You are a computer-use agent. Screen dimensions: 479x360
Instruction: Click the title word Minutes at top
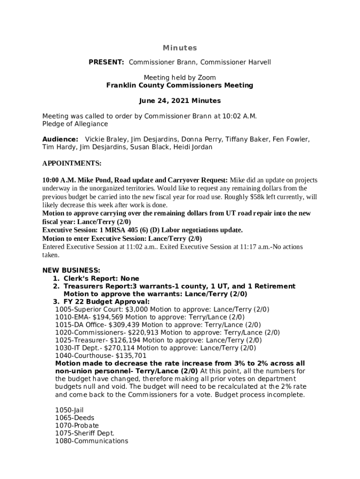(180, 48)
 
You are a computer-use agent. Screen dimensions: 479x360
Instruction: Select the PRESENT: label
(107, 62)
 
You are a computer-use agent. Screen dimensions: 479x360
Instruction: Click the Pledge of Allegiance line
(75, 124)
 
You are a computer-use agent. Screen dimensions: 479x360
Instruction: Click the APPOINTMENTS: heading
(72, 164)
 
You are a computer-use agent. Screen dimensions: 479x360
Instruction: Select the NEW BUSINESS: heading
(72, 270)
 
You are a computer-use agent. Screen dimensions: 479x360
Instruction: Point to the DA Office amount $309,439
(124, 325)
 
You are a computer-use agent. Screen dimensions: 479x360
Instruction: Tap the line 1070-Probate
(77, 426)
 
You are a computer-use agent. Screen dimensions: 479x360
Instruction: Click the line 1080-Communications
(92, 441)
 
